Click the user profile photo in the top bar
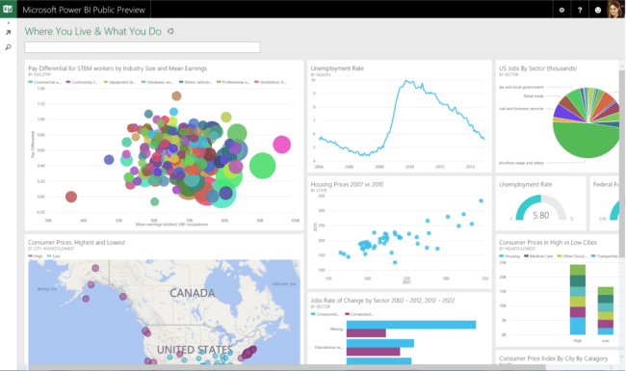(x=613, y=10)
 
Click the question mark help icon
(x=579, y=10)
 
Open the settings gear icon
(x=561, y=10)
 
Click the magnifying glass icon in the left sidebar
(x=8, y=46)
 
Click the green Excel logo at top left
(x=8, y=10)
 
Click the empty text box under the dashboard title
(x=143, y=47)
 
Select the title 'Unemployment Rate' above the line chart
(x=337, y=68)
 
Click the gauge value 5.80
(x=541, y=215)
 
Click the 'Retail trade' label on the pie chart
(x=533, y=96)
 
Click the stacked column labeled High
(x=578, y=299)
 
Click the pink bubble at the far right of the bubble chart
(x=281, y=145)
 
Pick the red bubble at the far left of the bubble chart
(x=70, y=197)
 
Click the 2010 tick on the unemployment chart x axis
(x=409, y=166)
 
